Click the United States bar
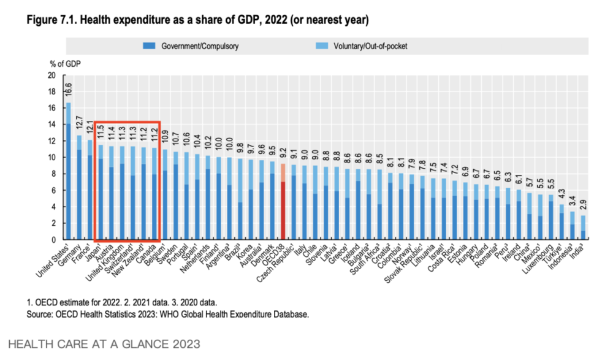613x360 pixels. [x=68, y=172]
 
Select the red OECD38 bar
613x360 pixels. [x=283, y=202]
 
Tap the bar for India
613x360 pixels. [x=582, y=228]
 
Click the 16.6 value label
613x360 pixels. [x=68, y=90]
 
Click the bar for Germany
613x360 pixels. [x=78, y=188]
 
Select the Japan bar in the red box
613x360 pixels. [x=100, y=193]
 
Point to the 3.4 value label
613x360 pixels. [x=571, y=200]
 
